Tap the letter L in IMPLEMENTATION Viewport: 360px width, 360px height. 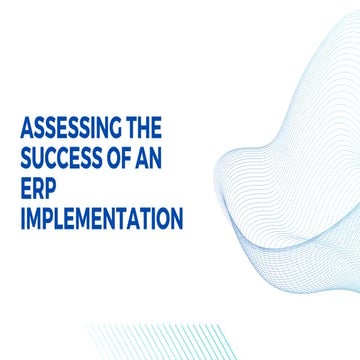(x=60, y=219)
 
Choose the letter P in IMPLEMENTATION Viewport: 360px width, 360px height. (x=49, y=219)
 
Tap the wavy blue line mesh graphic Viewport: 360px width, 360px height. (x=290, y=170)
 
